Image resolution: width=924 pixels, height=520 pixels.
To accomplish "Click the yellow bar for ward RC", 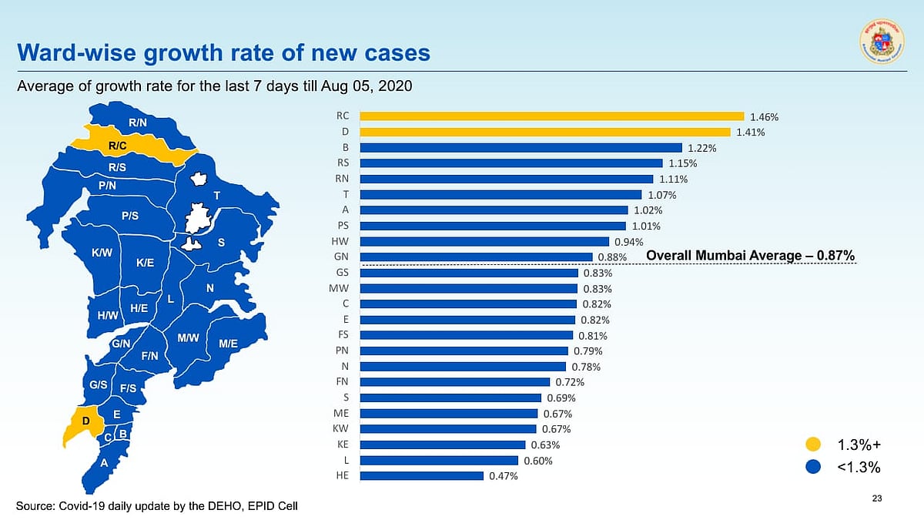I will pyautogui.click(x=551, y=116).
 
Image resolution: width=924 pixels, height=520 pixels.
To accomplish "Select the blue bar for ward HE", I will pyautogui.click(x=421, y=476).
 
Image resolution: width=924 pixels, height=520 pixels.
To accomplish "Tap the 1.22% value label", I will pyautogui.click(x=701, y=148).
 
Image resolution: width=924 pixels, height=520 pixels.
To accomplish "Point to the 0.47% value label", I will pyautogui.click(x=503, y=477).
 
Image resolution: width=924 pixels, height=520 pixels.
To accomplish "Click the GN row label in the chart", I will pyautogui.click(x=343, y=257).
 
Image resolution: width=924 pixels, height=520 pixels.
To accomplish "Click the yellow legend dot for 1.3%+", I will pyautogui.click(x=813, y=445).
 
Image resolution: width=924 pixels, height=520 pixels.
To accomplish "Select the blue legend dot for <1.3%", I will pyautogui.click(x=813, y=468).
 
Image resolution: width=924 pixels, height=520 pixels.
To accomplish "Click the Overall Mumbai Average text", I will pyautogui.click(x=750, y=256).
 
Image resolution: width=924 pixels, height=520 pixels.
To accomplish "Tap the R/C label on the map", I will pyautogui.click(x=118, y=145).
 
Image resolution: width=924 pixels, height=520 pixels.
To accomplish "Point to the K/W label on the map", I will pyautogui.click(x=102, y=253).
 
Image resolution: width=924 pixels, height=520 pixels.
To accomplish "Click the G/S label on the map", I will pyautogui.click(x=98, y=384).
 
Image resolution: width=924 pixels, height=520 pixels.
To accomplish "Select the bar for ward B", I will pyautogui.click(x=521, y=148).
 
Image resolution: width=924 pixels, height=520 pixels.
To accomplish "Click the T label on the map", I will pyautogui.click(x=217, y=195).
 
